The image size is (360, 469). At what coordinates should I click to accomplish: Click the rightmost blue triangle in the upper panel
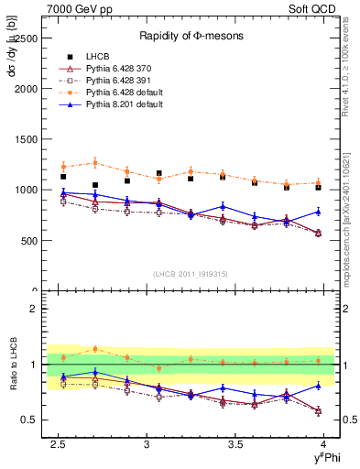319,212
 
